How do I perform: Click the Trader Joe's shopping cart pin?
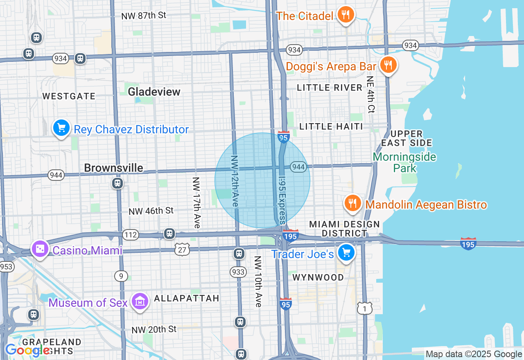(346, 253)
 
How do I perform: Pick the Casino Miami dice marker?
(40, 249)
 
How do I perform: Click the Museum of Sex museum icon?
(140, 302)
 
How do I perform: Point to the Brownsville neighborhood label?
(113, 168)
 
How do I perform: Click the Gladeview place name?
(154, 92)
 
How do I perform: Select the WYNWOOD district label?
(318, 277)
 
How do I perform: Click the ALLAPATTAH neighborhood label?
(187, 298)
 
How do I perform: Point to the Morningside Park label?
(404, 162)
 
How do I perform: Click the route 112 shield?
(130, 235)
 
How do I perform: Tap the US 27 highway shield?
(182, 250)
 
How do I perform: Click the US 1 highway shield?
(364, 308)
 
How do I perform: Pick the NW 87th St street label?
(143, 16)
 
